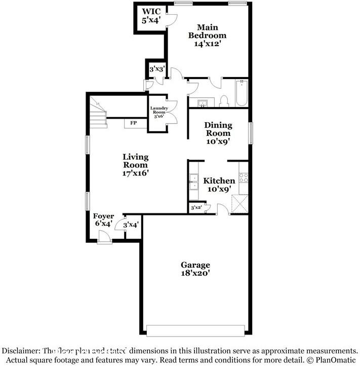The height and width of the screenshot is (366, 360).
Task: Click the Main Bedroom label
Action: (207, 35)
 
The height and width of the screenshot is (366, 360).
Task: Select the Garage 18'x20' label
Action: (195, 269)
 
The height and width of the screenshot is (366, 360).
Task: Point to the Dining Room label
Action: (218, 133)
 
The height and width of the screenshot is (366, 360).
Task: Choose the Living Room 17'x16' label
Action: (135, 165)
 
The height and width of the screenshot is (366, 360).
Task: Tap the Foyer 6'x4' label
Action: (103, 219)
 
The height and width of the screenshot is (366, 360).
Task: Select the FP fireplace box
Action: (134, 123)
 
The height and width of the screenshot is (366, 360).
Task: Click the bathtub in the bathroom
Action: (241, 94)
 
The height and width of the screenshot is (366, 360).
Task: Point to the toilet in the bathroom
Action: (224, 102)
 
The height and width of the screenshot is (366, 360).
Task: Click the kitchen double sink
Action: (194, 182)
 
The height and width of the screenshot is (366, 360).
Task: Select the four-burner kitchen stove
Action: (243, 178)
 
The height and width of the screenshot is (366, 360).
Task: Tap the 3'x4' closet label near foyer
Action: (131, 225)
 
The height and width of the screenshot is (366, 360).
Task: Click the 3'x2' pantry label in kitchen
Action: (195, 208)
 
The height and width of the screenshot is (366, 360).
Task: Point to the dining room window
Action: (250, 133)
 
